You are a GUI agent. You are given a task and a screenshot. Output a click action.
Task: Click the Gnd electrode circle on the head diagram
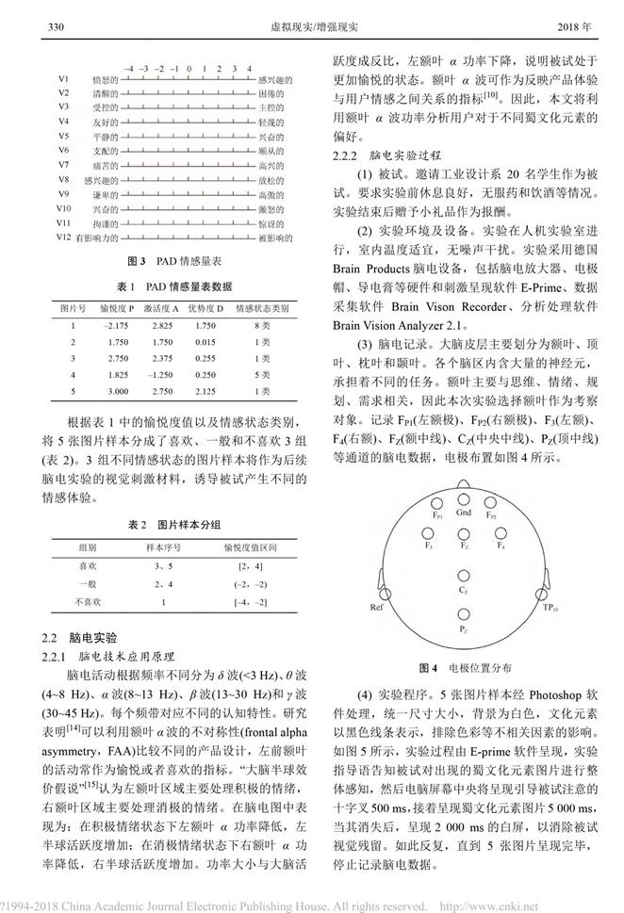click(464, 498)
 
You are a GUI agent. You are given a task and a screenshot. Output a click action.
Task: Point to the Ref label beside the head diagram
click(377, 609)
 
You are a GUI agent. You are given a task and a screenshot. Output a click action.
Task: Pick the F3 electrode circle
click(429, 533)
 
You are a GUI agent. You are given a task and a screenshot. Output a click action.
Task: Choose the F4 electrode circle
click(501, 533)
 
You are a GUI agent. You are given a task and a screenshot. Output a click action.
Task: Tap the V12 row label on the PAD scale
click(64, 239)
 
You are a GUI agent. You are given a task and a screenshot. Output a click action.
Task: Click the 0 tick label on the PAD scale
click(189, 69)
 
